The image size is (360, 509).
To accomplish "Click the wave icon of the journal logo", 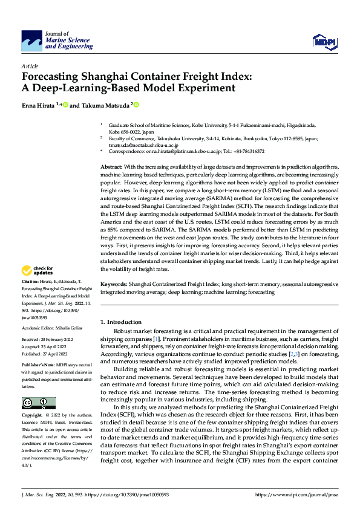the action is point(31,41).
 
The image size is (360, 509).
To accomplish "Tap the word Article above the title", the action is point(30,66).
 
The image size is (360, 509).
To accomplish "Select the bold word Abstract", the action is point(111,167).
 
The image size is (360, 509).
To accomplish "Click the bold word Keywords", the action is point(113,284).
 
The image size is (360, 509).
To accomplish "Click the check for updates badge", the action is point(38,270).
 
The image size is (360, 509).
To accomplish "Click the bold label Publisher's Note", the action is point(38,366).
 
